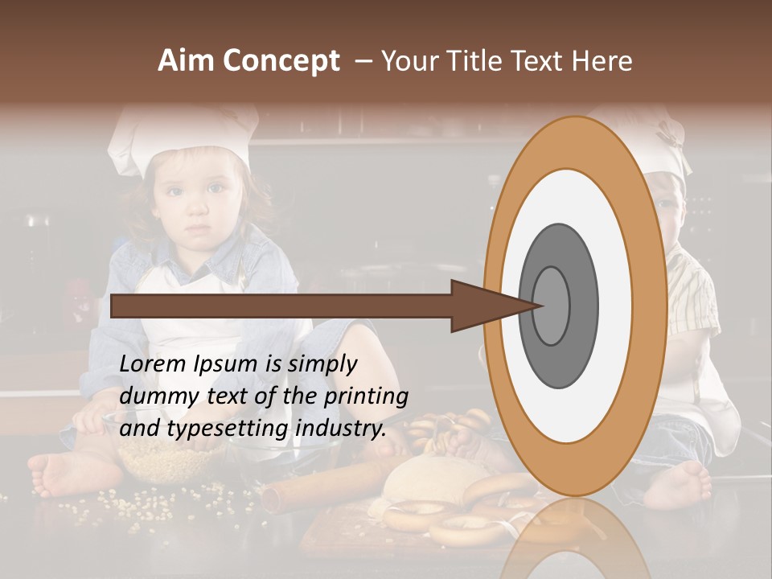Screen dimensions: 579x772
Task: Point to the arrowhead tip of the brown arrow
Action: coord(542,306)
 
